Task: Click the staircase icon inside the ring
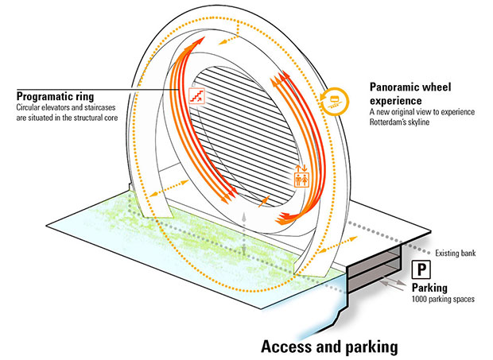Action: tap(196, 95)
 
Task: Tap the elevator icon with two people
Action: tap(301, 176)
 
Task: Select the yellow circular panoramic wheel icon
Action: tap(336, 100)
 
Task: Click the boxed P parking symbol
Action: tap(421, 269)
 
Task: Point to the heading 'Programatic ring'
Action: tap(55, 96)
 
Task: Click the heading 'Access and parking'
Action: tap(329, 346)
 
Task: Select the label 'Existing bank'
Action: tap(456, 254)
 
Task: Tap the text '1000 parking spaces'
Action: tap(443, 299)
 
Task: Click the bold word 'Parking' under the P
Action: tap(429, 288)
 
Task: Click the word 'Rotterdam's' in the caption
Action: tap(387, 122)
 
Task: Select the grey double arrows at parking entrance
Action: tap(392, 283)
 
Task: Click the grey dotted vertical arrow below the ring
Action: tap(243, 234)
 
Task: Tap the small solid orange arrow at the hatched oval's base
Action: tap(264, 201)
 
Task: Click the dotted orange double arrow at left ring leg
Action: tap(169, 188)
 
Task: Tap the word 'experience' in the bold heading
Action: tap(395, 101)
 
